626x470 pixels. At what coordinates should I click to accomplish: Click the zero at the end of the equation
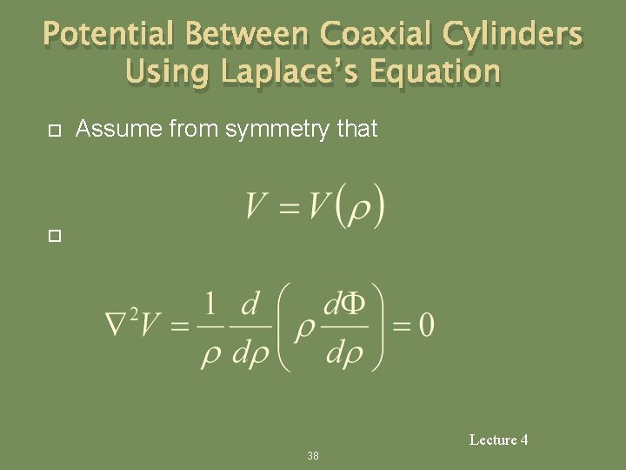(425, 326)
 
